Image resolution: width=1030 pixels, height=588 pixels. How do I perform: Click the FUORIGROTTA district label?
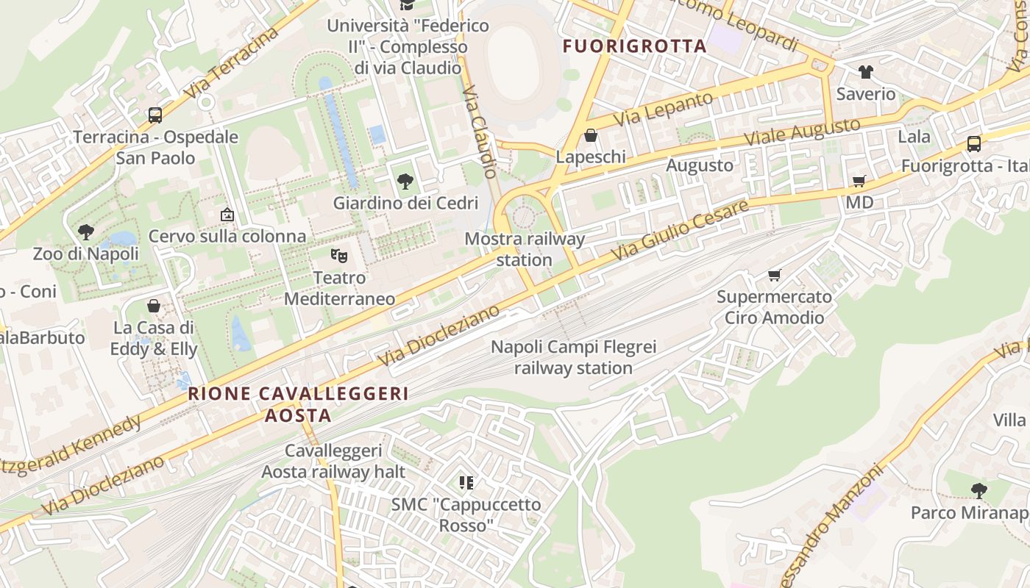click(634, 46)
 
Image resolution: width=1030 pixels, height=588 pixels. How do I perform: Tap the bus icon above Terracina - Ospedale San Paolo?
click(154, 115)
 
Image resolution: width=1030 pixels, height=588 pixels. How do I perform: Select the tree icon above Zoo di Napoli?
click(86, 232)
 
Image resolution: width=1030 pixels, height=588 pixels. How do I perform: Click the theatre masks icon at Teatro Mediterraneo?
click(338, 256)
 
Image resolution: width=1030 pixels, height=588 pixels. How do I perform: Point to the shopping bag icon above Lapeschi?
click(590, 135)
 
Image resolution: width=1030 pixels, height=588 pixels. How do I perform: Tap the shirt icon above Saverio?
click(865, 72)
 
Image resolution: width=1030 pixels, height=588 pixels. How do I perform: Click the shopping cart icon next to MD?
click(858, 181)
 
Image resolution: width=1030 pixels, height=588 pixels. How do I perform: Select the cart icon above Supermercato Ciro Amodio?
click(774, 276)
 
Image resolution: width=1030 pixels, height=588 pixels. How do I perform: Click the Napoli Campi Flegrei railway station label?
click(573, 357)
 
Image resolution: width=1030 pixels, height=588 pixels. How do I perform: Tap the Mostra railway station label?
click(525, 249)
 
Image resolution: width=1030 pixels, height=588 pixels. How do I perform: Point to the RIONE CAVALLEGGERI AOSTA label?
click(298, 404)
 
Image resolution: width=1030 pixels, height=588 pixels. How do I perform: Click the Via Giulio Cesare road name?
click(680, 229)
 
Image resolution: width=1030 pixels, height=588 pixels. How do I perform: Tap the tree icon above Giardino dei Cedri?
click(405, 182)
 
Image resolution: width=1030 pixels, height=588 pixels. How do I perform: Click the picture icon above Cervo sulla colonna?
click(227, 215)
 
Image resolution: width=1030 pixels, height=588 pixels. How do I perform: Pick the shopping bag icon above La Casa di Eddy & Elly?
click(154, 306)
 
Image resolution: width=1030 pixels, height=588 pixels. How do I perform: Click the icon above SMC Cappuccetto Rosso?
click(466, 483)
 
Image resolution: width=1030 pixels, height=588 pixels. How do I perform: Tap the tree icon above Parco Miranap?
click(979, 490)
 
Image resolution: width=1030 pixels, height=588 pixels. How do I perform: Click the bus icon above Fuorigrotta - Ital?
click(973, 144)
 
